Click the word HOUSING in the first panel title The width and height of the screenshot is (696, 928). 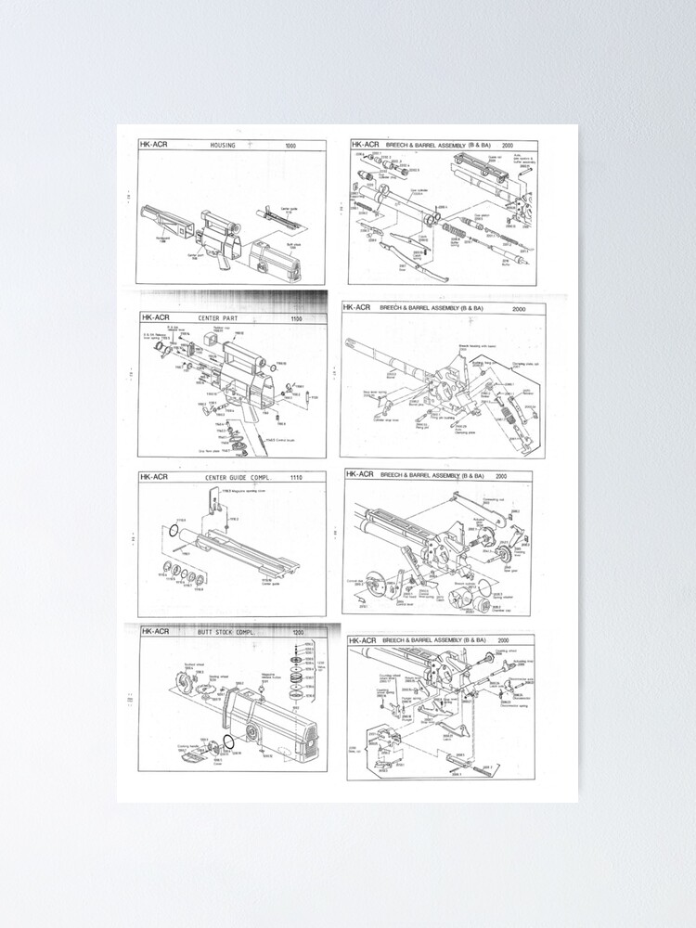coord(223,146)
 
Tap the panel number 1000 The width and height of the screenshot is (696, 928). coord(290,146)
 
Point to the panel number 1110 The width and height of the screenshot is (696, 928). coord(295,477)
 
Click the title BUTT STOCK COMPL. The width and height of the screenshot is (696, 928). coord(226,631)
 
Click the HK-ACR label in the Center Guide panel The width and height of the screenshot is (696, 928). coord(154,477)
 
